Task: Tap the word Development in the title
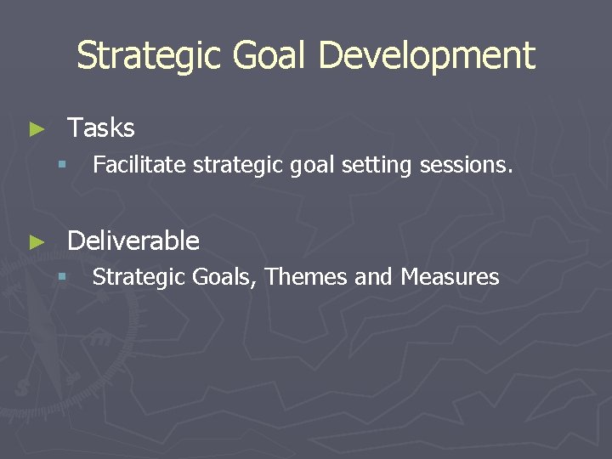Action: (x=427, y=56)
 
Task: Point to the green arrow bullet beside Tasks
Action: (x=36, y=129)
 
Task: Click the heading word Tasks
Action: (x=101, y=128)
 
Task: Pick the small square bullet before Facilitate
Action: (x=61, y=165)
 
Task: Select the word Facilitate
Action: (x=139, y=164)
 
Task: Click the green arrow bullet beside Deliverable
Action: (x=36, y=242)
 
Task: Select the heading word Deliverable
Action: (x=133, y=241)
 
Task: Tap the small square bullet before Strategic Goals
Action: (x=61, y=278)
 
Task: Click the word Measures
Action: (x=450, y=277)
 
